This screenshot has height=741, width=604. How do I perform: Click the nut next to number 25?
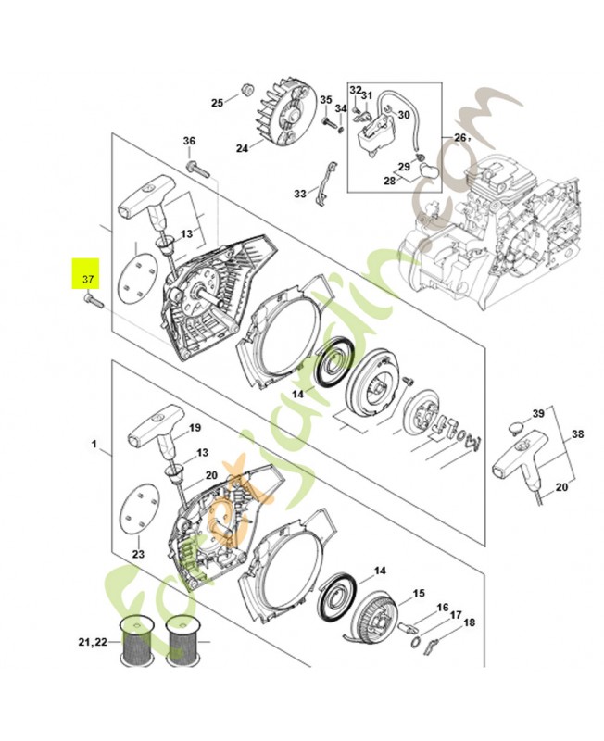click(x=247, y=90)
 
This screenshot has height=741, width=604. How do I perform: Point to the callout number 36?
click(x=189, y=141)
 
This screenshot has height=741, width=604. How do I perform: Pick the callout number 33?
click(x=300, y=194)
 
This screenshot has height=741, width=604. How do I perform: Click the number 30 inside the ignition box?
click(x=402, y=114)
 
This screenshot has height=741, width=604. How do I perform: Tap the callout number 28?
click(x=390, y=181)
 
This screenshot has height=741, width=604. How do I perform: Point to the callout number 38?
click(x=577, y=433)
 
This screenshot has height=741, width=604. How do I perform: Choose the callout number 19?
click(x=195, y=428)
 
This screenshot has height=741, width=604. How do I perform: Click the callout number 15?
click(x=419, y=593)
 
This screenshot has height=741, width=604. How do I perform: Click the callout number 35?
click(x=326, y=99)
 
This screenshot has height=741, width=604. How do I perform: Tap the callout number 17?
click(x=456, y=614)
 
